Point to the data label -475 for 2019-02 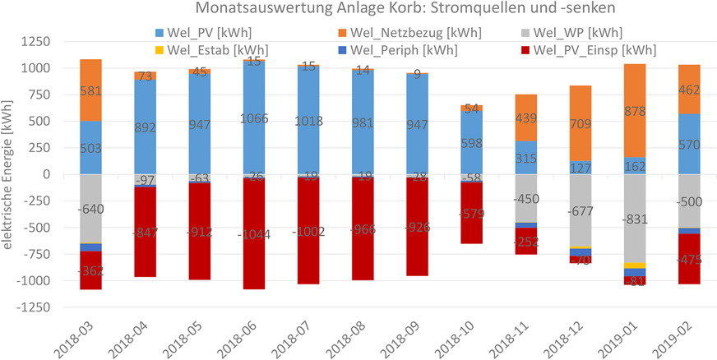[689, 260]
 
